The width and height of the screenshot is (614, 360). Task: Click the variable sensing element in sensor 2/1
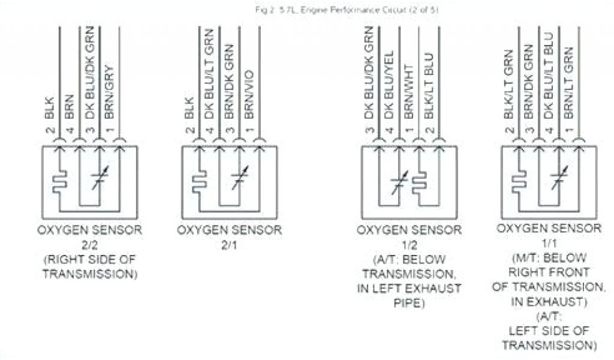[239, 179]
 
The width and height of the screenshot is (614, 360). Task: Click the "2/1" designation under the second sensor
[229, 245]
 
